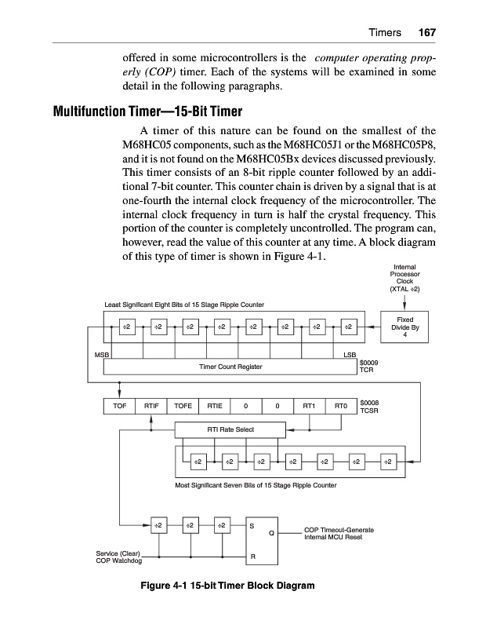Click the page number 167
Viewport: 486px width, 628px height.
tap(426, 33)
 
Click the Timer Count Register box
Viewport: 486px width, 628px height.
tap(230, 367)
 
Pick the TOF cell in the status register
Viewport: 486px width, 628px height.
tap(119, 406)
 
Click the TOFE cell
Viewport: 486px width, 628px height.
tap(183, 406)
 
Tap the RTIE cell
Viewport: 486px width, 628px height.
tap(214, 406)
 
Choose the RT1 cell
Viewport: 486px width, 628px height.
tap(309, 406)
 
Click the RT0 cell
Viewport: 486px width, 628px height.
tap(340, 406)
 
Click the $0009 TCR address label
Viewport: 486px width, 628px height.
tap(368, 367)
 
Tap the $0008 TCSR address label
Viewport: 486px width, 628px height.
tap(369, 406)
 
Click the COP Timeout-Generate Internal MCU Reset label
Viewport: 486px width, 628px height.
tap(338, 535)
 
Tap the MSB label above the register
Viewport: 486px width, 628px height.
tap(100, 355)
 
